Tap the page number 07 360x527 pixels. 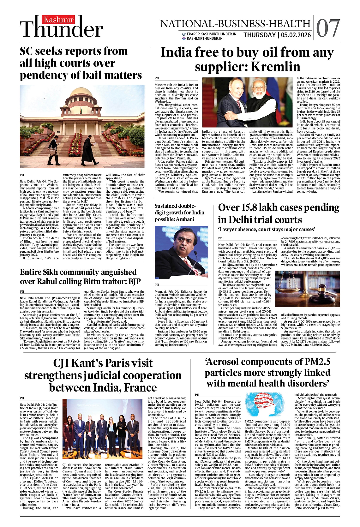[x=328, y=29]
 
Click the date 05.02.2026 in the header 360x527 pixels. [x=296, y=35]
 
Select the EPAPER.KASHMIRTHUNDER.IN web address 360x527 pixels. [x=211, y=34]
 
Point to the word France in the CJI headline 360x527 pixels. [x=140, y=387]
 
